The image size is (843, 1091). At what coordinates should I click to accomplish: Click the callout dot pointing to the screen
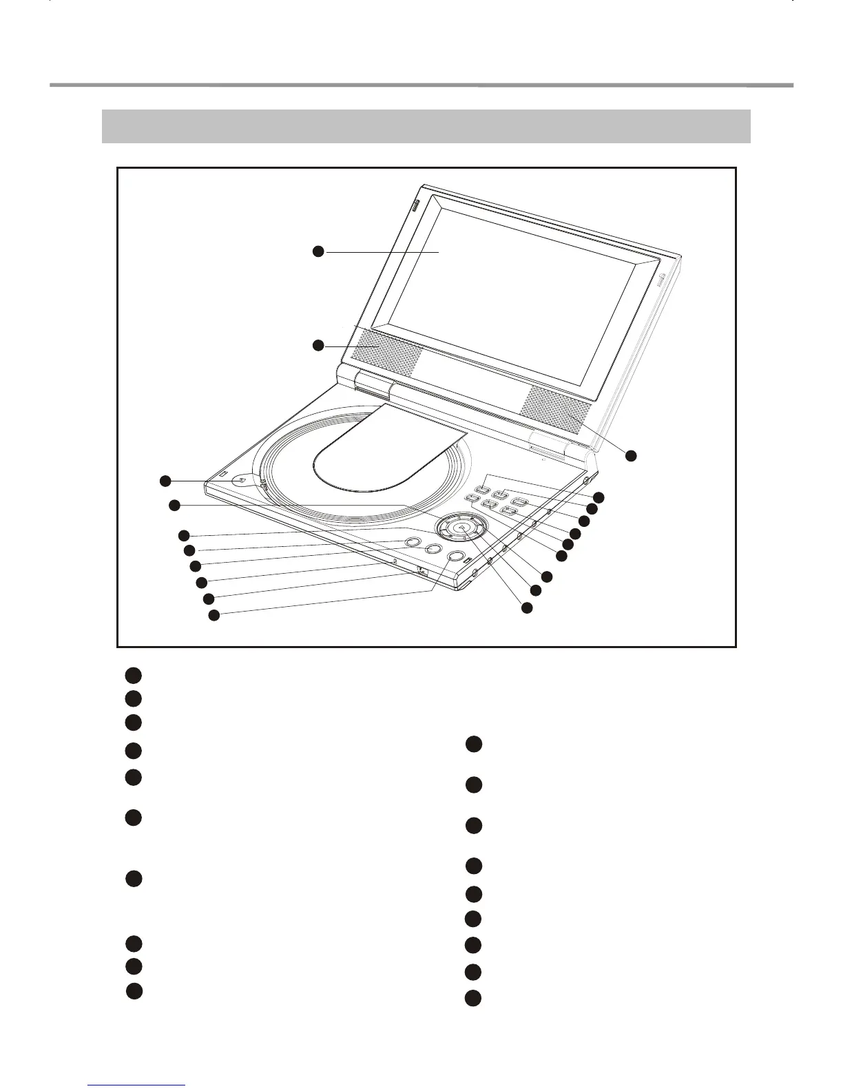pos(318,252)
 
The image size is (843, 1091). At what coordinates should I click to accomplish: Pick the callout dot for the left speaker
pos(318,345)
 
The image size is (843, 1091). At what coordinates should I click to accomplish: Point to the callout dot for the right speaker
pos(631,455)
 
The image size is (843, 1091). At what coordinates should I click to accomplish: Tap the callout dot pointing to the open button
pos(165,480)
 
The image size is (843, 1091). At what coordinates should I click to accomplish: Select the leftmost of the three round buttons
pos(411,542)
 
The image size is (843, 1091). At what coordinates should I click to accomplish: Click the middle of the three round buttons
pos(433,548)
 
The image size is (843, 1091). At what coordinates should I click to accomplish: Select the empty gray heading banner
pos(426,126)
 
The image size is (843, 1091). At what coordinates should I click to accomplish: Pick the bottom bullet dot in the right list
pos(472,998)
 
